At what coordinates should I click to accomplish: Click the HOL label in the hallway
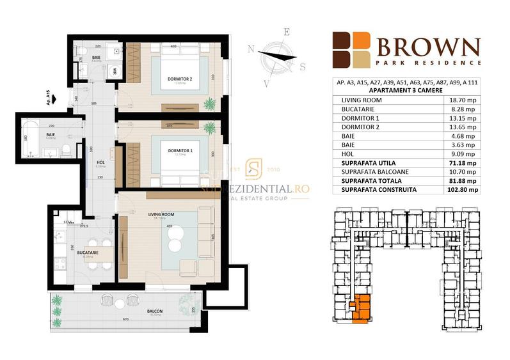100,162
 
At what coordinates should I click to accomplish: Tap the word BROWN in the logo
428,47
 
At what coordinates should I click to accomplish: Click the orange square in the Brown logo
362,41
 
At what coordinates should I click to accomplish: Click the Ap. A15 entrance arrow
55,99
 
